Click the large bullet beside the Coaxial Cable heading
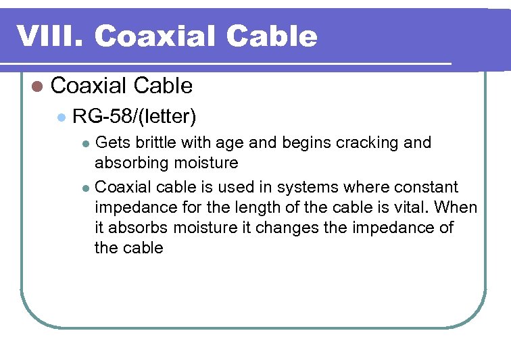point(37,86)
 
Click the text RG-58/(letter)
point(134,117)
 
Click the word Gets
point(113,143)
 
